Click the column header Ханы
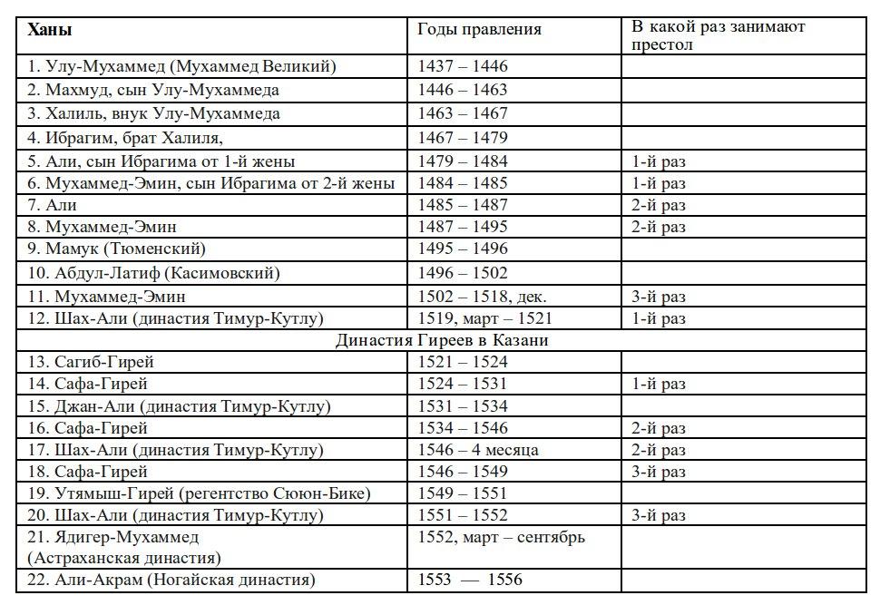click(x=50, y=30)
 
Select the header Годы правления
click(x=479, y=30)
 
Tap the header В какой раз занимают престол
click(x=718, y=35)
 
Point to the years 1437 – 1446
click(x=463, y=66)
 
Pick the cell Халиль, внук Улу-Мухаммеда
click(x=153, y=113)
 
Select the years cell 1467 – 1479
click(x=463, y=138)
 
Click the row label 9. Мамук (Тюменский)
click(x=117, y=249)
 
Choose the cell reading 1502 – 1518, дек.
click(x=482, y=297)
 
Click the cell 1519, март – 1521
click(x=484, y=318)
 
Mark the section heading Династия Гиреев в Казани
click(x=442, y=341)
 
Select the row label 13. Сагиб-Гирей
click(x=91, y=362)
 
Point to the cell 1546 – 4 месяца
click(x=478, y=450)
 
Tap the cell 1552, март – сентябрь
click(x=501, y=537)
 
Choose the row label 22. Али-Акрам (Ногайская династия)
click(x=171, y=580)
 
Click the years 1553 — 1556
click(x=470, y=580)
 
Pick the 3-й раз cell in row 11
click(x=659, y=297)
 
